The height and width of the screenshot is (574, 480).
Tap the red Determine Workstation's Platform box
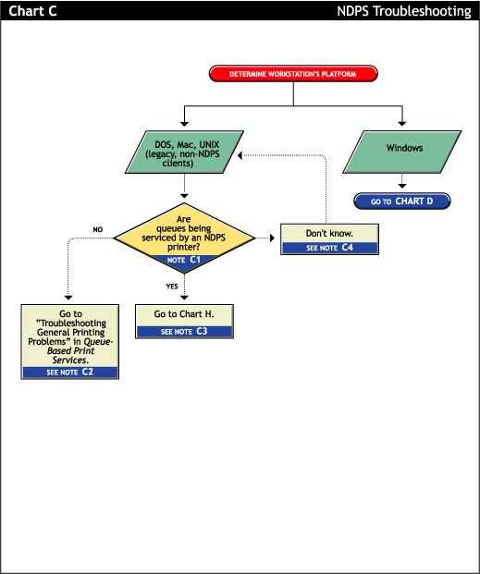point(293,73)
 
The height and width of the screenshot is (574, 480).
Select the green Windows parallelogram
point(403,149)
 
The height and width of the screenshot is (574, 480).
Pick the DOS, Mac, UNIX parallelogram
point(184,150)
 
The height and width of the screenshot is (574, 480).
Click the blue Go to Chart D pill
point(401,201)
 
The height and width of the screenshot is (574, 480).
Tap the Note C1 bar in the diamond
point(184,262)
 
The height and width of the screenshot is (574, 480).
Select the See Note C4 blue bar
point(329,248)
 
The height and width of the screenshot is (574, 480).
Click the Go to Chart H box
point(184,315)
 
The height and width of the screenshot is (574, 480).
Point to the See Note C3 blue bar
point(184,331)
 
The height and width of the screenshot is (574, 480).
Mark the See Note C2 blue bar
point(70,372)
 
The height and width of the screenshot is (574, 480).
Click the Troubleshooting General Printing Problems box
point(70,336)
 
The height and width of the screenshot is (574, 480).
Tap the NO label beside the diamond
point(97,229)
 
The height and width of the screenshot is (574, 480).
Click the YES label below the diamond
point(171,287)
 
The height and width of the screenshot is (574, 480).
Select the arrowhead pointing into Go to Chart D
point(401,188)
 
